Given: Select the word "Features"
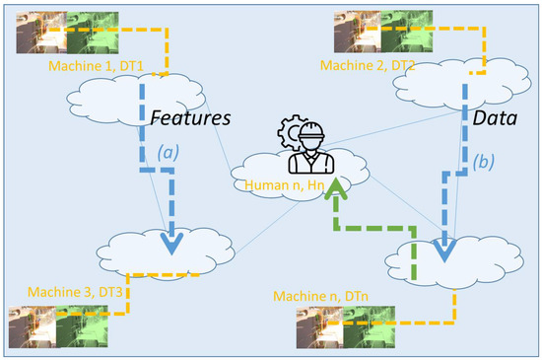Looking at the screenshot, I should click(190, 117).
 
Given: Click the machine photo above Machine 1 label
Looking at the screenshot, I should click(57, 32).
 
